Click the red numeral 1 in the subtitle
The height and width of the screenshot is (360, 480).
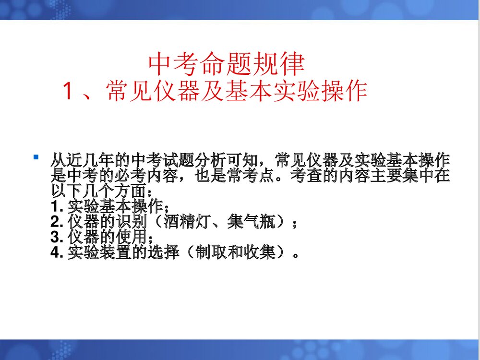[68, 91]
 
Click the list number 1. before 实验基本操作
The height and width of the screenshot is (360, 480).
[57, 207]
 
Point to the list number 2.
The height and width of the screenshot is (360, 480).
[57, 223]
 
